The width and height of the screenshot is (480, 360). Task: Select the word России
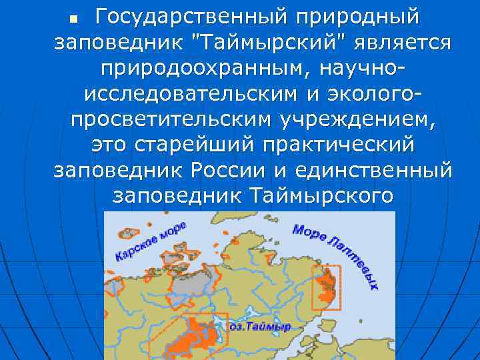(x=229, y=171)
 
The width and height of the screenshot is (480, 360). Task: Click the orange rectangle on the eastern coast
(x=326, y=288)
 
